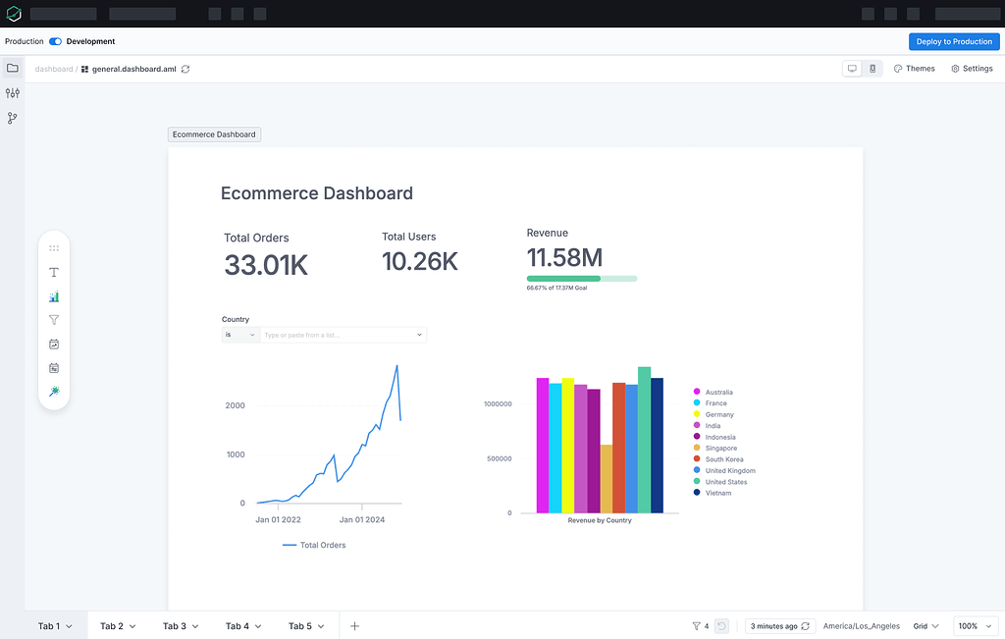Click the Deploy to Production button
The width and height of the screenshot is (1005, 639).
[x=954, y=41]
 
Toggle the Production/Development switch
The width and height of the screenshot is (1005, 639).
[x=55, y=41]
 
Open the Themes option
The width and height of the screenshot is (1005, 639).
[x=914, y=69]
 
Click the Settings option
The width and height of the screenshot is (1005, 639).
[x=972, y=69]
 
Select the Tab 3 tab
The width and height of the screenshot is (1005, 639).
[x=181, y=626]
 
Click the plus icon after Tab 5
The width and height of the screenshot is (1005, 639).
[x=354, y=626]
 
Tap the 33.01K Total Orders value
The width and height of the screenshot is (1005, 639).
[x=266, y=265]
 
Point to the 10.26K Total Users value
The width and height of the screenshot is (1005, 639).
[x=419, y=261]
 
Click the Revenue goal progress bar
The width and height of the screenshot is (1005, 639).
[x=581, y=279]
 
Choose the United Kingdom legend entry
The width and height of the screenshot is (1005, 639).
[x=729, y=471]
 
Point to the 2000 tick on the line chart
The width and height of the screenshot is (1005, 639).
[x=235, y=405]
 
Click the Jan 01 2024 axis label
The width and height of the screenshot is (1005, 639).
[x=362, y=519]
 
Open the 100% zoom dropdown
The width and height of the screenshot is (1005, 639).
[x=974, y=626]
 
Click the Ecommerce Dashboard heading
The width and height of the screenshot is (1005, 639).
[x=316, y=193]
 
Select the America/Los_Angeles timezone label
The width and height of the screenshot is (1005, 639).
[x=861, y=626]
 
